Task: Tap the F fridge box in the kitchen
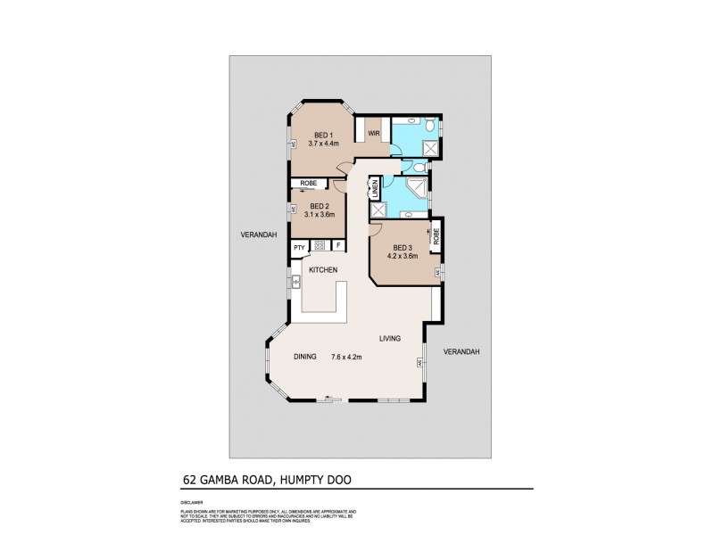point(337,245)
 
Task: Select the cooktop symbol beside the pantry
point(319,245)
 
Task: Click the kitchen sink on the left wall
point(294,283)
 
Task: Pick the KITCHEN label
point(322,268)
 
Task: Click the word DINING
point(306,357)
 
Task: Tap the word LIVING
point(389,338)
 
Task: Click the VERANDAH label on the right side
point(461,351)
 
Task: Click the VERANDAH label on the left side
point(258,235)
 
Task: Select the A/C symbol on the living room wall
point(420,363)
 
